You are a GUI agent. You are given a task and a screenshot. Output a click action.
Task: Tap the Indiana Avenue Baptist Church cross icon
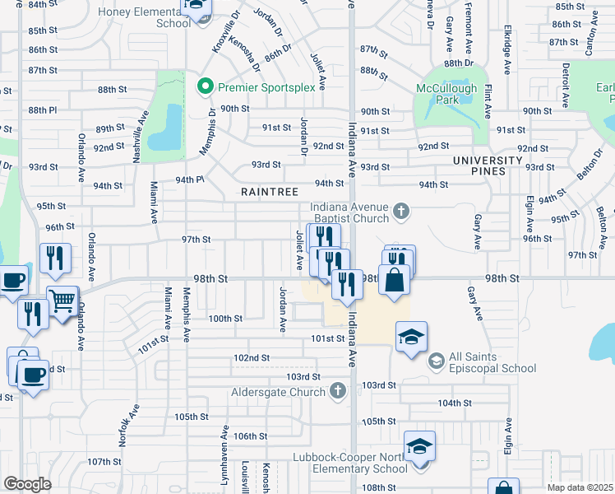pyautogui.click(x=401, y=212)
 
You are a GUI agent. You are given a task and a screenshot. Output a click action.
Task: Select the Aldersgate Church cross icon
pyautogui.click(x=336, y=390)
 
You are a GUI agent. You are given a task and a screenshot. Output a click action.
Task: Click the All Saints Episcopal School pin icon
pyautogui.click(x=435, y=360)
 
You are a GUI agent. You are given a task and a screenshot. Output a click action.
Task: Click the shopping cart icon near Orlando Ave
pyautogui.click(x=63, y=301)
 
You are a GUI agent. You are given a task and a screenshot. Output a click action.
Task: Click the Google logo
pyautogui.click(x=27, y=483)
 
